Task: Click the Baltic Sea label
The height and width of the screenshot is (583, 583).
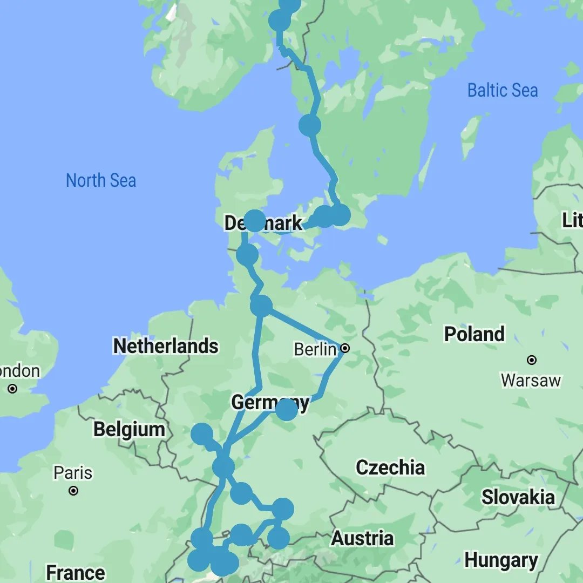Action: point(502,90)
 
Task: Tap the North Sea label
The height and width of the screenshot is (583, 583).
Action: point(101,180)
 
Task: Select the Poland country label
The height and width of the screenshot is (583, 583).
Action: point(474,334)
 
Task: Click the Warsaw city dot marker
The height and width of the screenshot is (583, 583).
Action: point(532,360)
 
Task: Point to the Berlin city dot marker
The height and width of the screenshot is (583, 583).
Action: point(345,349)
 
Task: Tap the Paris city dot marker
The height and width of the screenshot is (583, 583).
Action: point(74,491)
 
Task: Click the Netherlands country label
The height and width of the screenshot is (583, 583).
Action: point(166,346)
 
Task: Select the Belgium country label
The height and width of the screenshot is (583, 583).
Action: point(129,430)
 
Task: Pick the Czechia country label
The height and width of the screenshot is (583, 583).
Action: point(390,467)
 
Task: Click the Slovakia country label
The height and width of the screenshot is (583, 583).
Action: point(518,497)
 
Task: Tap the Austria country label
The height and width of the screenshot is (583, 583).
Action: point(362,538)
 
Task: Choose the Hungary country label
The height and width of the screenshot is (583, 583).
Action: point(501,560)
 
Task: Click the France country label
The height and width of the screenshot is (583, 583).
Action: point(76,572)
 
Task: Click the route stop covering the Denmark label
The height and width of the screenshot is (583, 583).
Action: point(254,221)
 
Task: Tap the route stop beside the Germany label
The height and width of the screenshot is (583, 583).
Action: point(286,409)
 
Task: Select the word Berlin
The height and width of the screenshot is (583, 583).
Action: point(315,350)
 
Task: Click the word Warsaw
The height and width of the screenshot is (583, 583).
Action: point(531,380)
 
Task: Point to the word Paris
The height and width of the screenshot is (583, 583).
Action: point(73,473)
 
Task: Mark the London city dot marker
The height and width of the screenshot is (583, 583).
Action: point(12,388)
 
